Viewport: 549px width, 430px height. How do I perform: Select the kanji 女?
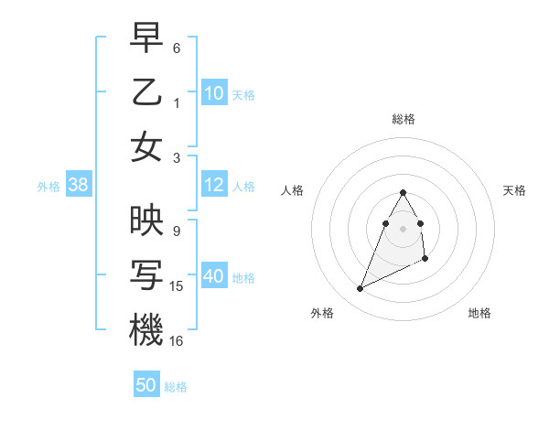146,147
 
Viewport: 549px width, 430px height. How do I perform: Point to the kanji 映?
146,220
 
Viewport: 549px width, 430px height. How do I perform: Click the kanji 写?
146,275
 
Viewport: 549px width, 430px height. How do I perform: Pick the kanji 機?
146,330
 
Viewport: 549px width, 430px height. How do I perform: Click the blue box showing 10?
214,93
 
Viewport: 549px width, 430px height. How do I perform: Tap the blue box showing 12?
214,186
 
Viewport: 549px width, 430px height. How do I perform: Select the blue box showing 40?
214,277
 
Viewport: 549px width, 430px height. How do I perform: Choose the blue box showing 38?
79,186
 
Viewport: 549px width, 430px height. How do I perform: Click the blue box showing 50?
146,386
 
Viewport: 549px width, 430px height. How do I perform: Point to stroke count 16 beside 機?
178,341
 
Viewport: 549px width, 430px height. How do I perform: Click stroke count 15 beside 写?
178,286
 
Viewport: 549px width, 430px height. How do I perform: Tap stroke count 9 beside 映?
177,231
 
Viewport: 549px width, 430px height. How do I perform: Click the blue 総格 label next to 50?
176,387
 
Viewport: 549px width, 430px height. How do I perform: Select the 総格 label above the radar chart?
403,119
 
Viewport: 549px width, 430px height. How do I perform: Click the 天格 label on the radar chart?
515,190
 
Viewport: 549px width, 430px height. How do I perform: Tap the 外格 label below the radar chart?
322,313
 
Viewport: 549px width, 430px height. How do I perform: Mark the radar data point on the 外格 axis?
360,289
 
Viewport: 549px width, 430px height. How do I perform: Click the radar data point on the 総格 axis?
403,192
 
